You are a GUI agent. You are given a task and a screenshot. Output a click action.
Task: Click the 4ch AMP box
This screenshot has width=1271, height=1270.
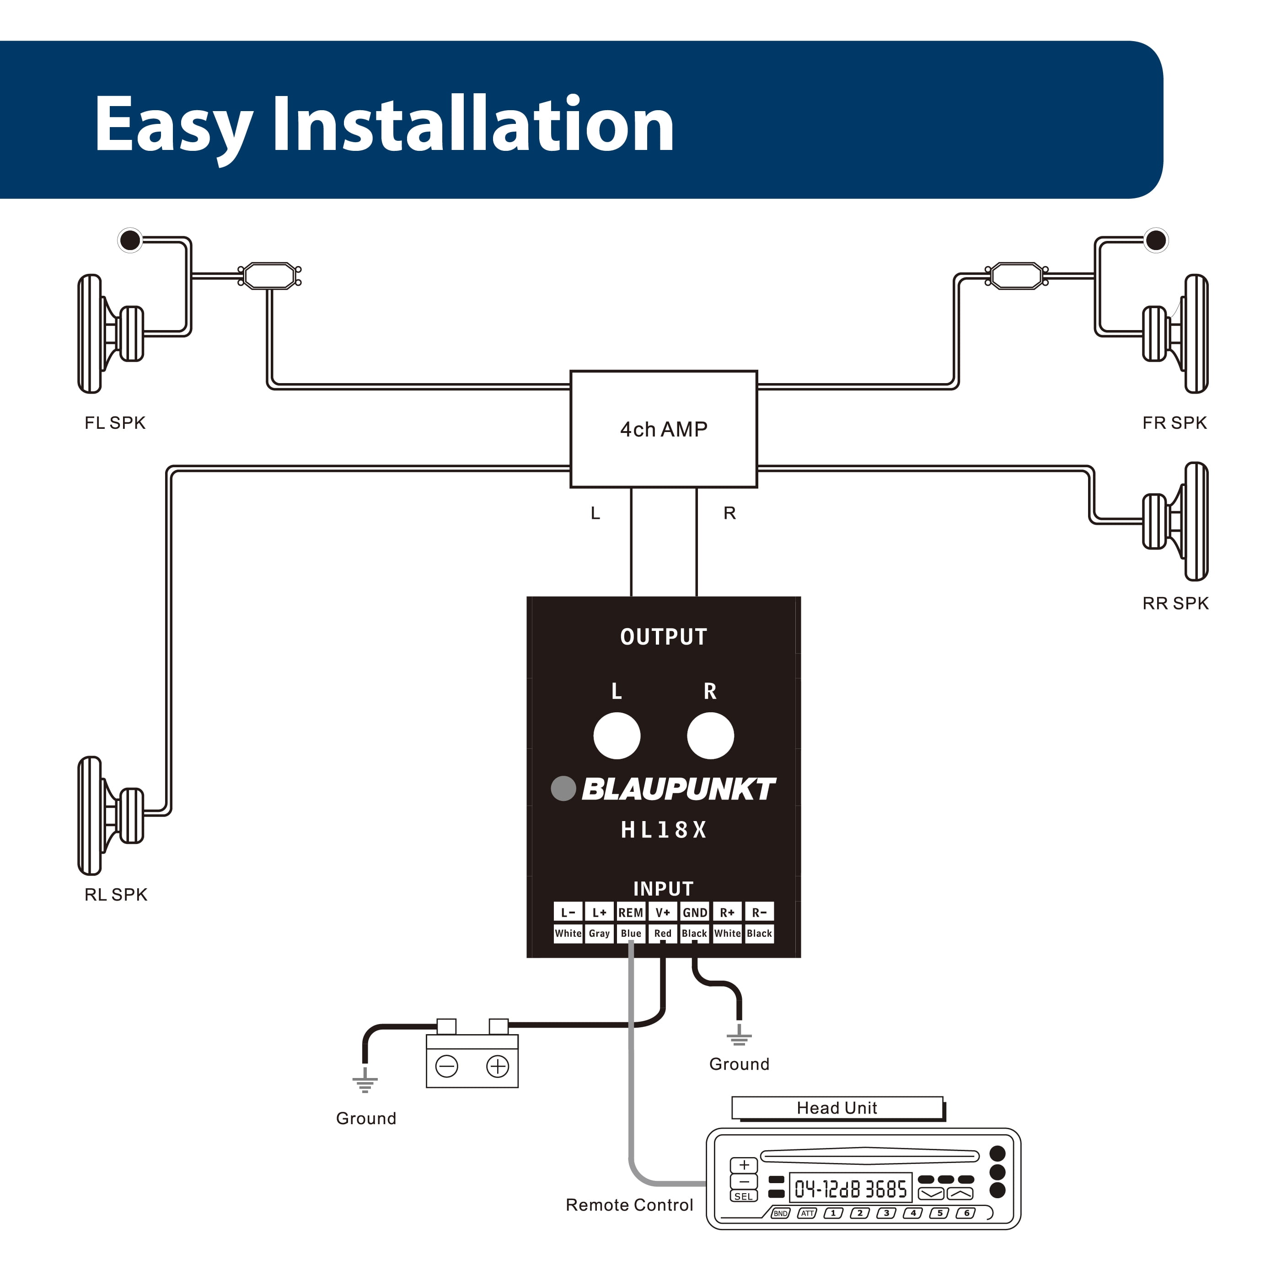tap(663, 429)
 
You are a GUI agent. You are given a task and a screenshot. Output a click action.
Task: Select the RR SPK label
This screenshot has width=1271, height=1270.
tap(1175, 603)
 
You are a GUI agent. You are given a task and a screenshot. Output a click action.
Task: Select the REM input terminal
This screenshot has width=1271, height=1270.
tap(630, 912)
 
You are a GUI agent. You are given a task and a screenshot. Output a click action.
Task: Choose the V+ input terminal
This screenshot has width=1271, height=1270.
tap(662, 912)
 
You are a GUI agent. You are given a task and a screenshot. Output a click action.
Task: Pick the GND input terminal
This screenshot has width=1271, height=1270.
tap(695, 912)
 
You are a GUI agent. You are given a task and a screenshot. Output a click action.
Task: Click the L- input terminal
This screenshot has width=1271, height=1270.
tap(568, 912)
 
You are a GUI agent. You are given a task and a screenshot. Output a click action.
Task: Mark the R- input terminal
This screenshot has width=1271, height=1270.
tap(759, 912)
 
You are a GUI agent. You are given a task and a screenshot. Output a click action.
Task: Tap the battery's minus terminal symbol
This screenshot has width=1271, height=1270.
tap(447, 1066)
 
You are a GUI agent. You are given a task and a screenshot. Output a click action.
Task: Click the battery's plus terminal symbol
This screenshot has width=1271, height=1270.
tap(497, 1066)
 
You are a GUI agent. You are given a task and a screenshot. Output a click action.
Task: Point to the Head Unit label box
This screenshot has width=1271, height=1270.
tap(837, 1108)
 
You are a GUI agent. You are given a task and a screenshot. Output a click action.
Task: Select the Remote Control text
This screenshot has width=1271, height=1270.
tap(629, 1205)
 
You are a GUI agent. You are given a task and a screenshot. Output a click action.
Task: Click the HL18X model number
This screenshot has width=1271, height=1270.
tap(663, 830)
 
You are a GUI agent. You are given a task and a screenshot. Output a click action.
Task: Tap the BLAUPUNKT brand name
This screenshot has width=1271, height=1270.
tap(678, 789)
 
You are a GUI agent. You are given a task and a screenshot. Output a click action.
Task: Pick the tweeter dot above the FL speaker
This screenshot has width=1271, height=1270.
tap(130, 240)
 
